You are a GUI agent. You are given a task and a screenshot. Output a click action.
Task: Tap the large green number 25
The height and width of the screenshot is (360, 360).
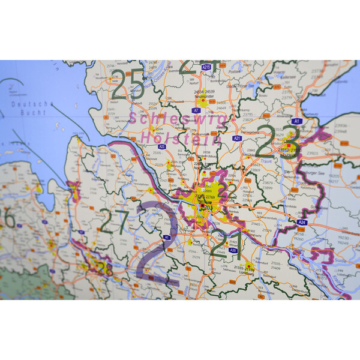[x=128, y=83]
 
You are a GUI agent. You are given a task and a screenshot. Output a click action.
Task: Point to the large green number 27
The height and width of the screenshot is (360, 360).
[x=115, y=220]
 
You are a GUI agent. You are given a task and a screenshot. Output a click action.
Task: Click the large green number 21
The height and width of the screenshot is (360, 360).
[x=225, y=243]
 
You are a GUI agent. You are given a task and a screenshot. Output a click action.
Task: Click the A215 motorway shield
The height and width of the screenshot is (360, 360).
[x=206, y=67]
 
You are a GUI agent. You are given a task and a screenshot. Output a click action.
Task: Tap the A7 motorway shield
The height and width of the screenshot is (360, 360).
[x=196, y=110]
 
